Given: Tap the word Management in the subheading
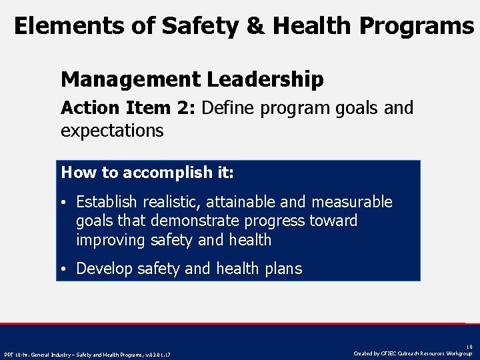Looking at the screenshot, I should click(x=130, y=80).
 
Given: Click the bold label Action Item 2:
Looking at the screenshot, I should click(x=128, y=108).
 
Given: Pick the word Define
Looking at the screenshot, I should click(x=228, y=108).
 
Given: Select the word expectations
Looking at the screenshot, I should click(x=112, y=131).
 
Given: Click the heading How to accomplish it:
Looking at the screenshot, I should click(x=147, y=173).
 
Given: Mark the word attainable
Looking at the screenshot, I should click(x=248, y=202).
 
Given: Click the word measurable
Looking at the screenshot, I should click(x=354, y=202).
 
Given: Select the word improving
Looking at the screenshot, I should click(x=108, y=240).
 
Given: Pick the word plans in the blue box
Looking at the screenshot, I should click(x=282, y=269).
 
